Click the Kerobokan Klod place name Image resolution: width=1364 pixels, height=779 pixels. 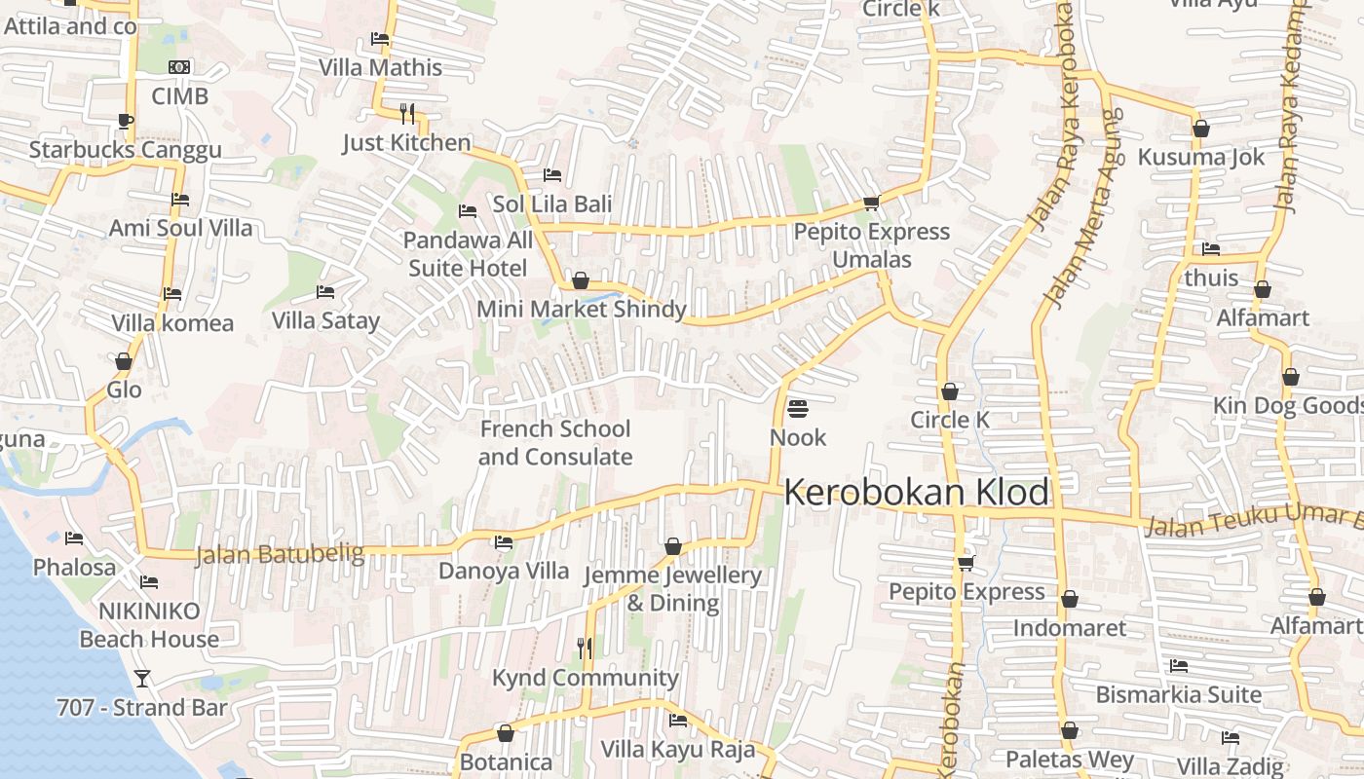click(x=916, y=492)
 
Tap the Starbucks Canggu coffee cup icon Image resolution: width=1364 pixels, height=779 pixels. click(x=125, y=121)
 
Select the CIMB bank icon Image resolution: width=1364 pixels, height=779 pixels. click(x=179, y=67)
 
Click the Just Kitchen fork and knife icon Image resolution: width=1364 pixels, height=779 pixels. click(x=407, y=113)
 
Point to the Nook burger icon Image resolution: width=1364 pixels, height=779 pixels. click(x=798, y=408)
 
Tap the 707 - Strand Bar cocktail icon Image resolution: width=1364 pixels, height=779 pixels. click(x=142, y=678)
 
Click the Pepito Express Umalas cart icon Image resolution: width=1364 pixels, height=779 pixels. click(x=871, y=203)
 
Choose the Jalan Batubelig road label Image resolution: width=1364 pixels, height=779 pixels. click(x=280, y=555)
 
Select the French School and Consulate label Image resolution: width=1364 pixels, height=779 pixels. click(x=555, y=443)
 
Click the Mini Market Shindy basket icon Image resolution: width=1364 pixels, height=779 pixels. click(x=581, y=280)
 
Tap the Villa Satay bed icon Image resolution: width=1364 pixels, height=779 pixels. click(x=325, y=291)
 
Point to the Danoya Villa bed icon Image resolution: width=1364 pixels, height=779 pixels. click(x=504, y=542)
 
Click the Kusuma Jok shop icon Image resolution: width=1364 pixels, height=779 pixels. click(x=1201, y=128)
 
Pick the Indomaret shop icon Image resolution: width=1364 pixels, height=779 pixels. click(x=1070, y=599)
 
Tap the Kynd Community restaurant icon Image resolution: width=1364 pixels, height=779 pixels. click(x=585, y=648)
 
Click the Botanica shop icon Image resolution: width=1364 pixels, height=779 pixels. click(x=506, y=733)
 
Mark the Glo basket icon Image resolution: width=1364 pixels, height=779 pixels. click(x=124, y=361)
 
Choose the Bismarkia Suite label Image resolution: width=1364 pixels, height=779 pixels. click(x=1179, y=695)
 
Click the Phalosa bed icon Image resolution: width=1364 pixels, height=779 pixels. click(x=74, y=538)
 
